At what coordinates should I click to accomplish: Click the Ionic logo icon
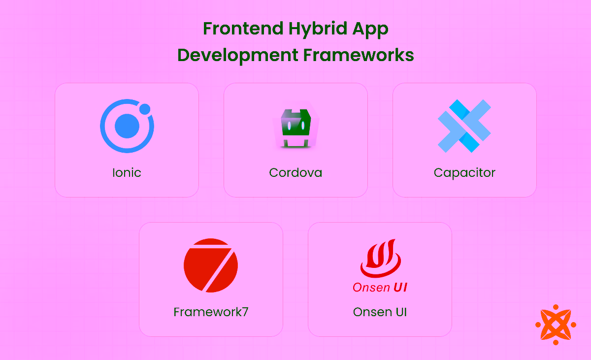pos(127,126)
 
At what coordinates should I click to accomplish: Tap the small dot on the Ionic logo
pos(145,109)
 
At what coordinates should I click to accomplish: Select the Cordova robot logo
pos(295,127)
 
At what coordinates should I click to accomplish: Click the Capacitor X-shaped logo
pos(464,126)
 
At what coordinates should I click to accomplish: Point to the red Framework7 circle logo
pos(211,265)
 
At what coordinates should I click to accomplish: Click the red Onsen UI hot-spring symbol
pos(380,259)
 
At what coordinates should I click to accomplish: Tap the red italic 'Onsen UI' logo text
pos(380,287)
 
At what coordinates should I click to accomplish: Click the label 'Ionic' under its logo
pos(127,173)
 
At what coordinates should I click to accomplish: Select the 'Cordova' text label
pos(295,173)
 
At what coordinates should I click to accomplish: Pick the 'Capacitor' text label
pos(464,173)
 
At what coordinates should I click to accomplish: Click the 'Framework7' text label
pos(211,312)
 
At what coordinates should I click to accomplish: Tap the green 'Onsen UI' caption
pos(380,312)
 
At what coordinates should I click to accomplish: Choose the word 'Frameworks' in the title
pos(359,55)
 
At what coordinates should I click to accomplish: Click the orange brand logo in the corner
pos(556,325)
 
